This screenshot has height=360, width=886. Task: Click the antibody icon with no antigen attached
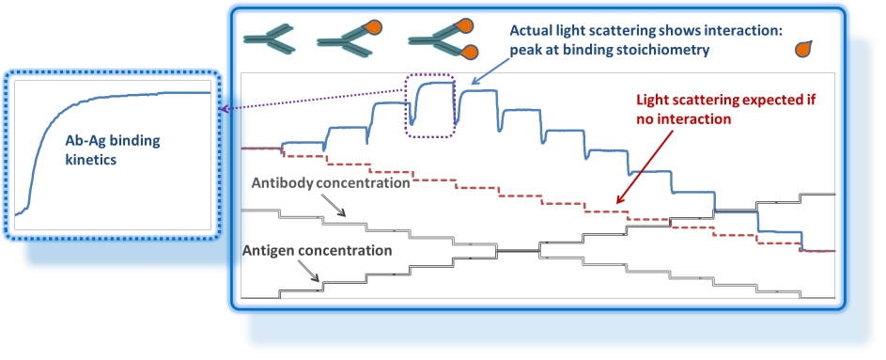tap(269, 38)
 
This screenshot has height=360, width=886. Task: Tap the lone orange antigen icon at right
tap(806, 47)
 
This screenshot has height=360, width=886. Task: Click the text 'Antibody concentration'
tap(330, 182)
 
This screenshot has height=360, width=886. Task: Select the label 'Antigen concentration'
tap(317, 251)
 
